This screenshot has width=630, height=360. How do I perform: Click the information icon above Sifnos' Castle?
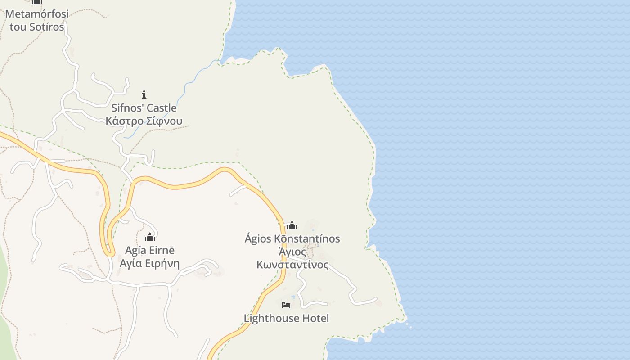coord(144,94)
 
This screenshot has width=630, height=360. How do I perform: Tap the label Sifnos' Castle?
coord(144,108)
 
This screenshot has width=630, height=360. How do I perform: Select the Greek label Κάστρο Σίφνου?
coord(144,121)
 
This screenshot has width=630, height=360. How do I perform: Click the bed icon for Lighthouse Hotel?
coord(286,305)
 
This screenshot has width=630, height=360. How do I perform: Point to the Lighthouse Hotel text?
coord(286,318)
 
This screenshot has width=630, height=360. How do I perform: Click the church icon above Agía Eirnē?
coord(150,237)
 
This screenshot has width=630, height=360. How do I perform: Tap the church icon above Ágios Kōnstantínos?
coord(292,225)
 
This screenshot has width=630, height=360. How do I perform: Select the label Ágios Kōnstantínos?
coord(292,239)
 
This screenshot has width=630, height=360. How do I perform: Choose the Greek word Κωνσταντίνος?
coord(292,265)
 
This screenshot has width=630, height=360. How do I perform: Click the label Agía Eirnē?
coord(150,251)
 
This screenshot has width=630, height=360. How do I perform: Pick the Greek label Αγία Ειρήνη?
coord(150,264)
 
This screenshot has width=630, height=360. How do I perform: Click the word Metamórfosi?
coord(37,14)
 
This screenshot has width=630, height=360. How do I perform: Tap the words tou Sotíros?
coord(37,27)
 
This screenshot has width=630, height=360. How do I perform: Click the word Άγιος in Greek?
coord(292,252)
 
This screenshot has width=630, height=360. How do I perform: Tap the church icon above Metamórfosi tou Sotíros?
coord(37,2)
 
